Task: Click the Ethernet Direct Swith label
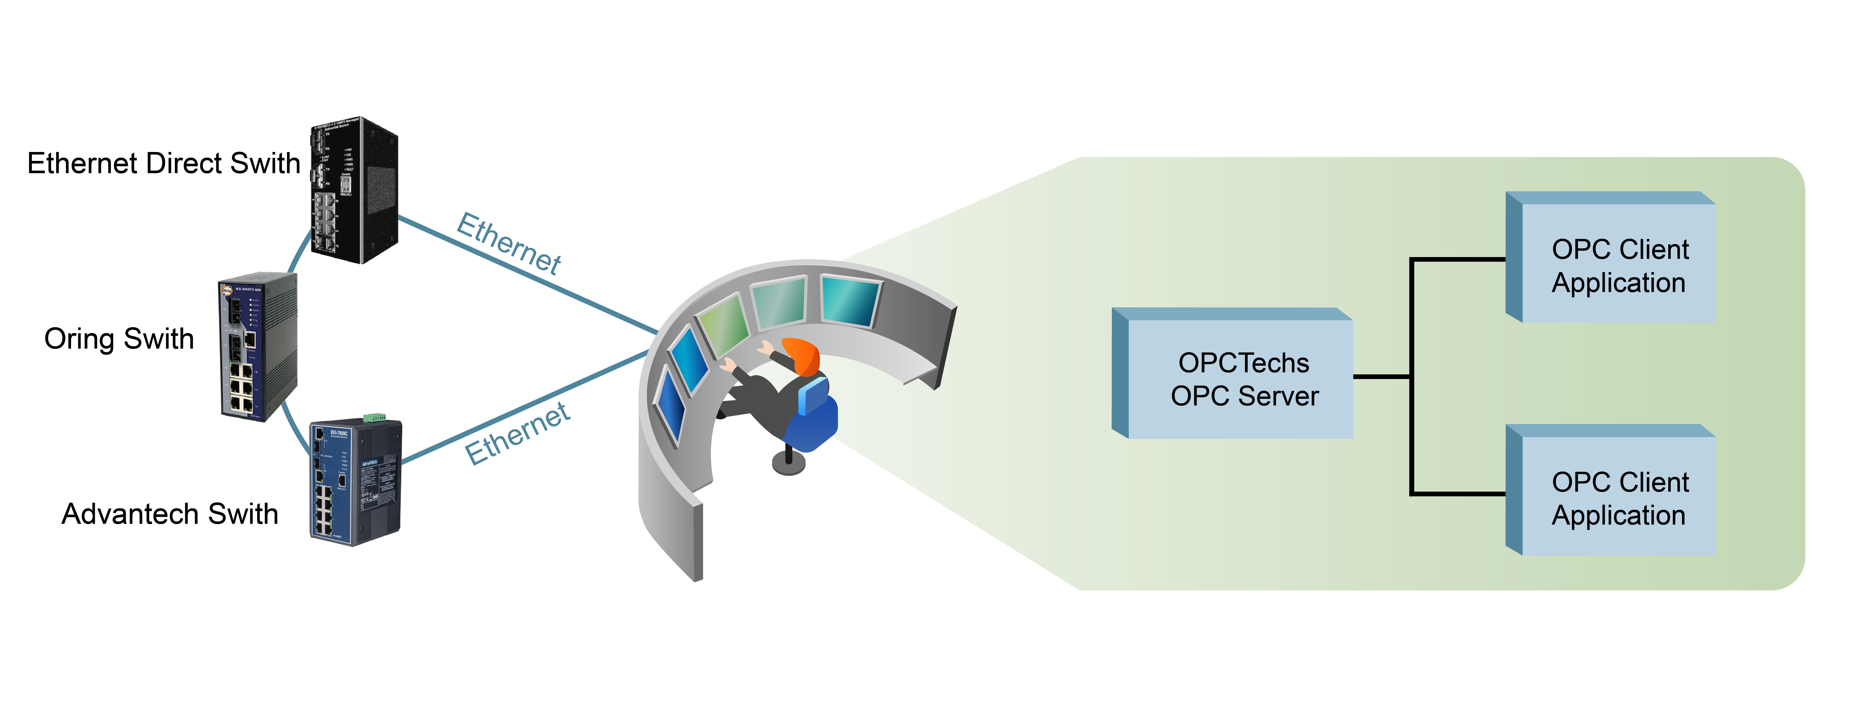pos(164,163)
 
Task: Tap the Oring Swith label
pos(119,339)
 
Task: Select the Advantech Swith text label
pos(170,514)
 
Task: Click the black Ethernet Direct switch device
pos(354,190)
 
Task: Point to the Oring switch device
pos(257,347)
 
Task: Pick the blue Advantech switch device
pos(355,482)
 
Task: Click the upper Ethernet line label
pos(509,244)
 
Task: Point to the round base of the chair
pos(789,464)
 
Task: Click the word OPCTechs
pos(1244,363)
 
